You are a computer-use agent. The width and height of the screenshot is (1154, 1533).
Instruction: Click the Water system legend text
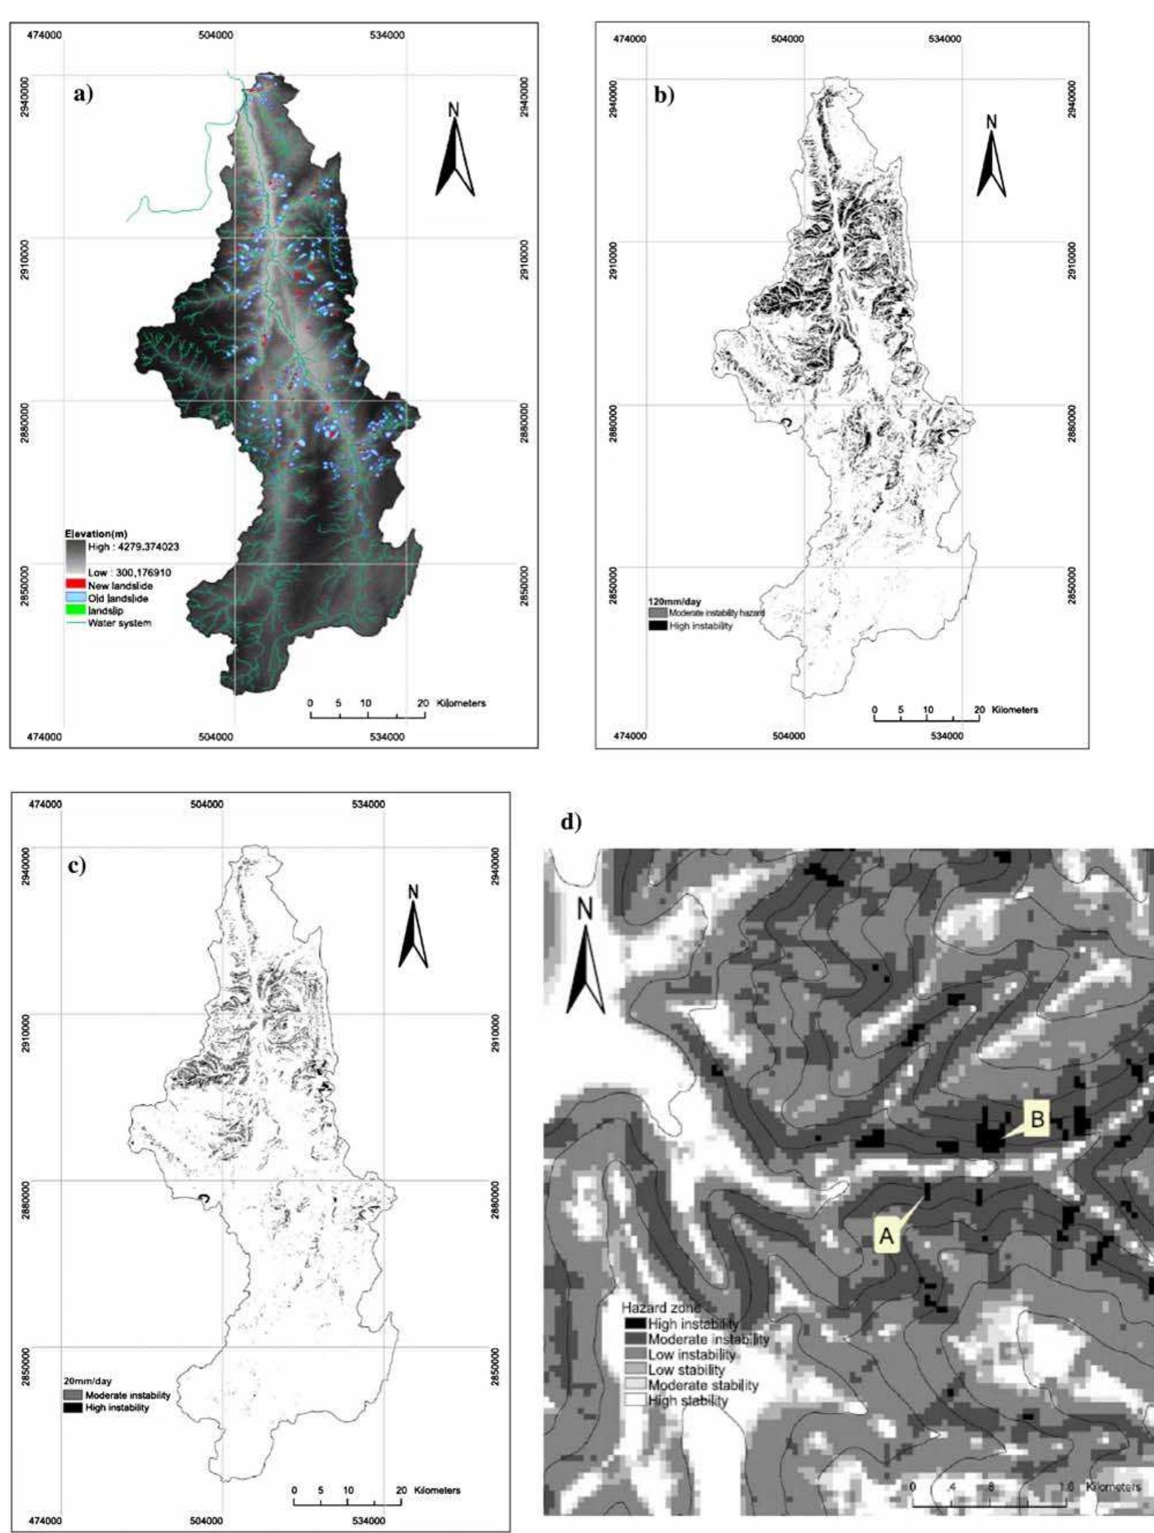pyautogui.click(x=119, y=622)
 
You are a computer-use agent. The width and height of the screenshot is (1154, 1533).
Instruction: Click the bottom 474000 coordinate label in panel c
pyautogui.click(x=46, y=1514)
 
